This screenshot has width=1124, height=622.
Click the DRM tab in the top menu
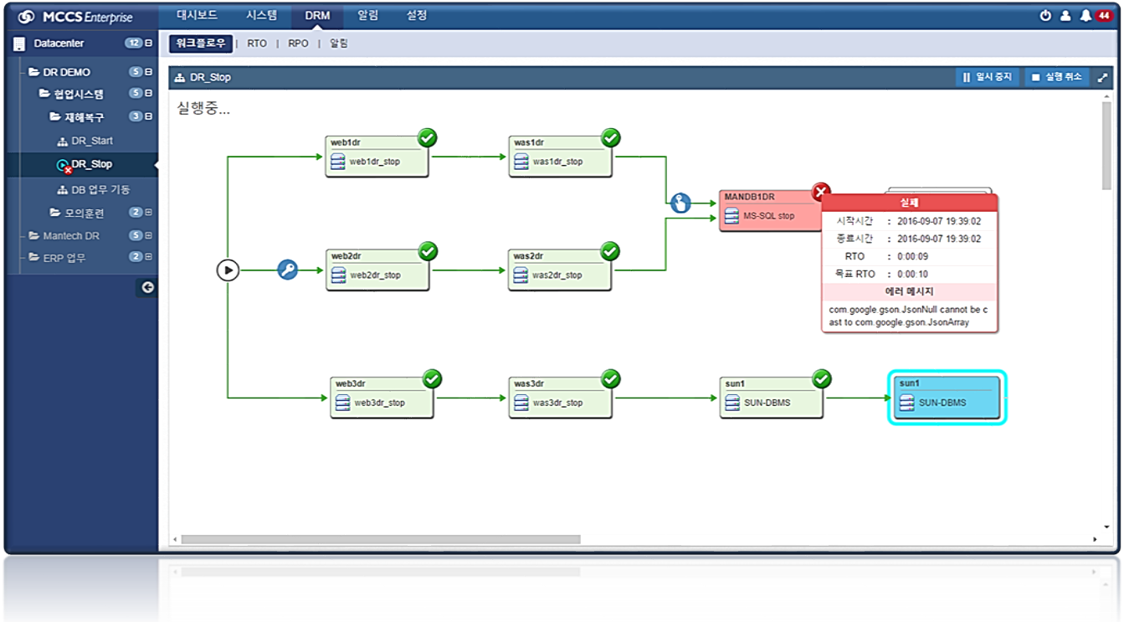317,15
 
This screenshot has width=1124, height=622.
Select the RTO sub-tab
257,44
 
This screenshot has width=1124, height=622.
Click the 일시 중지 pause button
988,77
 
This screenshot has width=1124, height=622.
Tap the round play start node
228,270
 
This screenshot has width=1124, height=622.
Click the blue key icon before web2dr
288,270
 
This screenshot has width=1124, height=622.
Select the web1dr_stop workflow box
377,157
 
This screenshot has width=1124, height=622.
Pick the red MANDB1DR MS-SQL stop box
766,211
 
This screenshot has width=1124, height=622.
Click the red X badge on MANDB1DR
821,192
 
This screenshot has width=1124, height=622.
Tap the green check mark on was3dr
611,379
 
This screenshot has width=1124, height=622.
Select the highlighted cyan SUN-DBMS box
947,398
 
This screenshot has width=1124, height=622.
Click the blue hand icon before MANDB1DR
680,203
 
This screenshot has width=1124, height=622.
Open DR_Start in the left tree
91,141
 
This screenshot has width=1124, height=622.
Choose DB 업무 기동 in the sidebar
100,190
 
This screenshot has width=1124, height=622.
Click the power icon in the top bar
1045,16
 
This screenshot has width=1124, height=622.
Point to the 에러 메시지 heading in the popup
909,291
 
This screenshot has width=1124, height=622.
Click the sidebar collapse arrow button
148,287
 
